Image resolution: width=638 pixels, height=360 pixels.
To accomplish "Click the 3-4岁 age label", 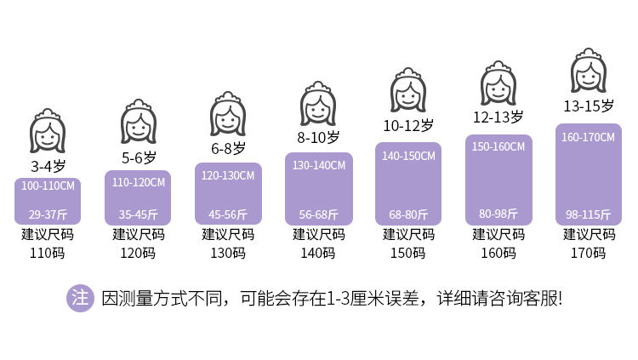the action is (x=48, y=166).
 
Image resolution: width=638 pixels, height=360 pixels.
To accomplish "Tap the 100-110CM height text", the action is (x=48, y=186).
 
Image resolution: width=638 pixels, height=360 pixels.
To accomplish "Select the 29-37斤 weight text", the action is (x=48, y=214).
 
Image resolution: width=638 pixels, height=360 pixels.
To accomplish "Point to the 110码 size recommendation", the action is (x=47, y=254).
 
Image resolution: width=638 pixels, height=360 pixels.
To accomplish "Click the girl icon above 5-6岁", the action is (x=139, y=122).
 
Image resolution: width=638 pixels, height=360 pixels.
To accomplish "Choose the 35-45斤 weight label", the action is (x=139, y=214).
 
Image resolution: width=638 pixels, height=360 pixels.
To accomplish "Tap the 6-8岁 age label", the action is (x=228, y=148).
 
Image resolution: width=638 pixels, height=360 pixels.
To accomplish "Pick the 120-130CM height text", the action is (x=228, y=176).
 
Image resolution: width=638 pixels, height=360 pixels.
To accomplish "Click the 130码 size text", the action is (x=228, y=254).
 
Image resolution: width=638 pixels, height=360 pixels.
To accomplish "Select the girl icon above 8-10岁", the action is (x=318, y=104).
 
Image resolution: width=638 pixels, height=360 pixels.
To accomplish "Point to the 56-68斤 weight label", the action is (x=319, y=214).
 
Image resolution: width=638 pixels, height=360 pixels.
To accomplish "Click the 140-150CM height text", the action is (x=408, y=156).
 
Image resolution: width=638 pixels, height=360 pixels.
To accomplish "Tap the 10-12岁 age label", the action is (x=408, y=125).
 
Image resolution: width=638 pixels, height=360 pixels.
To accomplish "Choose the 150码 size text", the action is (x=408, y=254).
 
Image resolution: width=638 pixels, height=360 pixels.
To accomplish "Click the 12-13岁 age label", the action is (x=498, y=117).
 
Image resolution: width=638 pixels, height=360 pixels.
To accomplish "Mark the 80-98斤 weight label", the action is (x=498, y=214).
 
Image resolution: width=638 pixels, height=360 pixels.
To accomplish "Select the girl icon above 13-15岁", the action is (x=589, y=71).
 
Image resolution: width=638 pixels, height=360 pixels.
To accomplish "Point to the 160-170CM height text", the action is (x=589, y=137).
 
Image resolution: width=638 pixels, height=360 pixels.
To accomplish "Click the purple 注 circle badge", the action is (x=80, y=298).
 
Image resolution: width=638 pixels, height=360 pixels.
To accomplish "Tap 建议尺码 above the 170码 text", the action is (x=589, y=235).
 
